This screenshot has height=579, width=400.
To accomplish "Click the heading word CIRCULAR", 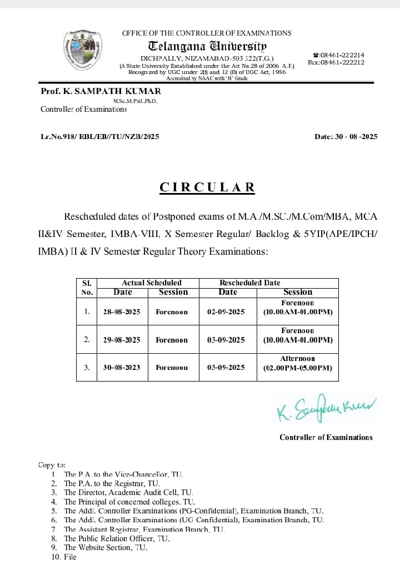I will (x=207, y=187).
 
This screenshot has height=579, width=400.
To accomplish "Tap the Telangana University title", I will (x=207, y=46).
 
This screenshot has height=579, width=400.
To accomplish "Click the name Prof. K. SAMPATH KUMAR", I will (x=101, y=91).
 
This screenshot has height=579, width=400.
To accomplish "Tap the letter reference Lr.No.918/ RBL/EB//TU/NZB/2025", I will (x=100, y=137).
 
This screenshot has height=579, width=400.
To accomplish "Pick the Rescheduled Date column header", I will (x=249, y=283).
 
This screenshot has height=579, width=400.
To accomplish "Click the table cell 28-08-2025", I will (x=122, y=312).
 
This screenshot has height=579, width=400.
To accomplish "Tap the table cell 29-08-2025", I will (x=122, y=340).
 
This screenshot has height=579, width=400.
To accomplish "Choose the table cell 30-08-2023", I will (x=122, y=368).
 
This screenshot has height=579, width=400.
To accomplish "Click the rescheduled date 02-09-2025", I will (x=226, y=312).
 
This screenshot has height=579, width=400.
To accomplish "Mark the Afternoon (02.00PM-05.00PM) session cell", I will (x=298, y=363).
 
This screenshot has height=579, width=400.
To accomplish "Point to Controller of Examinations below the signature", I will (x=326, y=438).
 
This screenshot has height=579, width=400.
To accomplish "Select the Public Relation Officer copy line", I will (x=117, y=538).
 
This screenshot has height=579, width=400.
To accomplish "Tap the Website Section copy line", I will (x=106, y=547).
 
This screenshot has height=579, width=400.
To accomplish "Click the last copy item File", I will (x=70, y=557).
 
